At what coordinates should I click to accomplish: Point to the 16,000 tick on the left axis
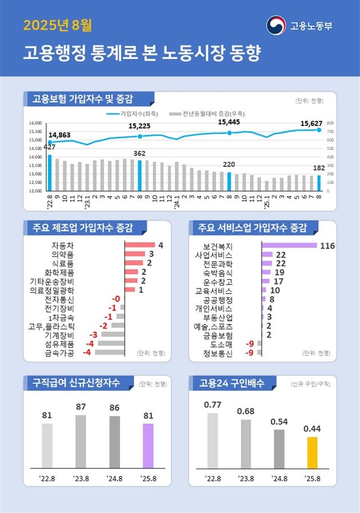click(36, 123)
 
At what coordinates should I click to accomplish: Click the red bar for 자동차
click(139, 245)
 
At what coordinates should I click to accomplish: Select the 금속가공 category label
click(59, 353)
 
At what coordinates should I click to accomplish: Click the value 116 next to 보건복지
click(327, 246)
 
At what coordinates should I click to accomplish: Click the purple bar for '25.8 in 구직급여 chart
click(147, 445)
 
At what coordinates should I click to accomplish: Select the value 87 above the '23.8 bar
click(80, 407)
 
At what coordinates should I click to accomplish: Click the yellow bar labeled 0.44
click(312, 452)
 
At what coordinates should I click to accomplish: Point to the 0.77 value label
click(213, 404)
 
